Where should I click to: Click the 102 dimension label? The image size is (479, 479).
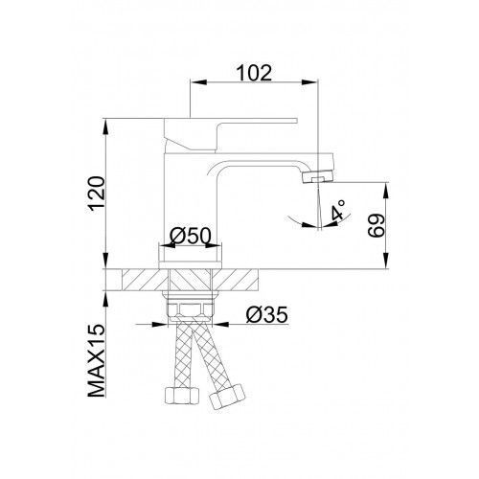254,73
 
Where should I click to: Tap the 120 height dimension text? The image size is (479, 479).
97,194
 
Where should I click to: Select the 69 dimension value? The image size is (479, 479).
376,225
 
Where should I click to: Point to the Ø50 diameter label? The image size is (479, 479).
191,237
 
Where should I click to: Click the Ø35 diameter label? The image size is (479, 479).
267,315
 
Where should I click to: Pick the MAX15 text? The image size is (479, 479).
97,360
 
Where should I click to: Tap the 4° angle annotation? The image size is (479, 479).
338,210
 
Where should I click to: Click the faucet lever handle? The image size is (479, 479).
230,134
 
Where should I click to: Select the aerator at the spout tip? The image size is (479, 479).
317,176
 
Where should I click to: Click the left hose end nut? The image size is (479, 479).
182,397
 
